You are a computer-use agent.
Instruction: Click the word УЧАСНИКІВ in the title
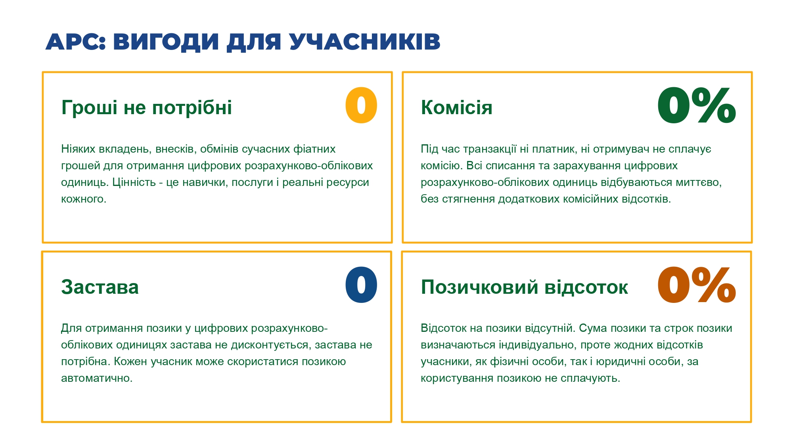coord(365,42)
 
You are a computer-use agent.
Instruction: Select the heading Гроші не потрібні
coord(146,107)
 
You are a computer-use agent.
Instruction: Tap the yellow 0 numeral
coord(361,105)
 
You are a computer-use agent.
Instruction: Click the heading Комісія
coord(456,107)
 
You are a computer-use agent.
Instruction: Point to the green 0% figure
coord(697,105)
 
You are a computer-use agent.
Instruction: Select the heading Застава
coord(100,287)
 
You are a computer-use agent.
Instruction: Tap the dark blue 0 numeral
coord(361,285)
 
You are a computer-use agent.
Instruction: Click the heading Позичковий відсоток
coord(524,287)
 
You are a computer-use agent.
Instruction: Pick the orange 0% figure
coord(697,285)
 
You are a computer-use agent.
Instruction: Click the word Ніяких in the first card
coord(78,149)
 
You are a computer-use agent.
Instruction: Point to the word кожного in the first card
coord(84,199)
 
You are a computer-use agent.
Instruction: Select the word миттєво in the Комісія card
coord(699,182)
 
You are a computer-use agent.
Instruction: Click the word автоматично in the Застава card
coord(97,378)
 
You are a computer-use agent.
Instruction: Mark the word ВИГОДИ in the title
coord(166,42)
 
